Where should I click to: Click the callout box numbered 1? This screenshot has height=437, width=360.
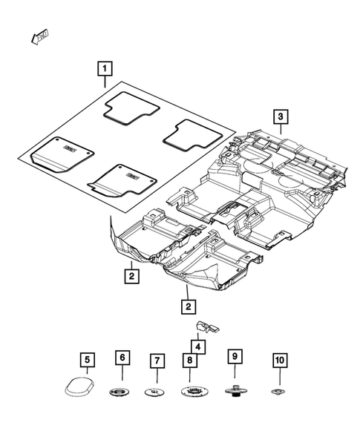click(x=105, y=71)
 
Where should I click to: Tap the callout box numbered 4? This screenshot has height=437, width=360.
click(x=197, y=345)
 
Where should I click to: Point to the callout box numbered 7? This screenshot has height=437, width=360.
click(x=157, y=361)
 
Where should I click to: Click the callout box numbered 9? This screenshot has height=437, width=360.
click(x=235, y=358)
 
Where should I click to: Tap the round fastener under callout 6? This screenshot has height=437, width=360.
click(x=120, y=391)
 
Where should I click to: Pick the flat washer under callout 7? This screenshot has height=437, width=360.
click(x=155, y=392)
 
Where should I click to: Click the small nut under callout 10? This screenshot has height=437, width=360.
click(x=279, y=391)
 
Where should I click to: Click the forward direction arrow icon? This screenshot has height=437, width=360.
click(x=39, y=36)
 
